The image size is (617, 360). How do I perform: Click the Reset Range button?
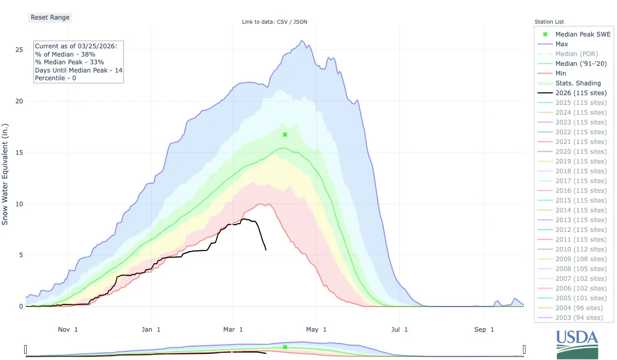49,17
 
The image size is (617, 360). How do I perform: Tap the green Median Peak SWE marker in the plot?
285,135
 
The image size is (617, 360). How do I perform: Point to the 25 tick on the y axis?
19,50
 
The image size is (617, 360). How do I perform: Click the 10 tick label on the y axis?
19,204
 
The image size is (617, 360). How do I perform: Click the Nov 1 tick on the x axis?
68,329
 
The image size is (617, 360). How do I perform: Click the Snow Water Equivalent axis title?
6,174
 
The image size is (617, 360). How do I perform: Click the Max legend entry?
561,44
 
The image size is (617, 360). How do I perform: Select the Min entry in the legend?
561,74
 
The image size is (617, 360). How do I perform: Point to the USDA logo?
577,344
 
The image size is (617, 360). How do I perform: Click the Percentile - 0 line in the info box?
56,78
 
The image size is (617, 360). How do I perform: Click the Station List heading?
549,22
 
